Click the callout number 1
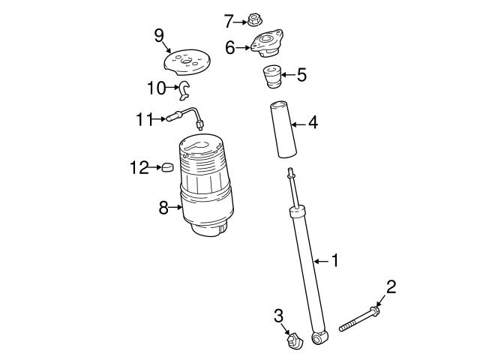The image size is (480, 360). [334, 260]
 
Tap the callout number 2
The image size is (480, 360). [391, 286]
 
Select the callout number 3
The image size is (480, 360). [278, 315]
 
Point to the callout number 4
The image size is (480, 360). [313, 121]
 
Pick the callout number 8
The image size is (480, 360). [163, 208]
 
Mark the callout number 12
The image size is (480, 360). [139, 167]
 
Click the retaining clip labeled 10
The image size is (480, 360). [184, 91]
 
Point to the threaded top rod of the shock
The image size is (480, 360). [293, 187]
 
